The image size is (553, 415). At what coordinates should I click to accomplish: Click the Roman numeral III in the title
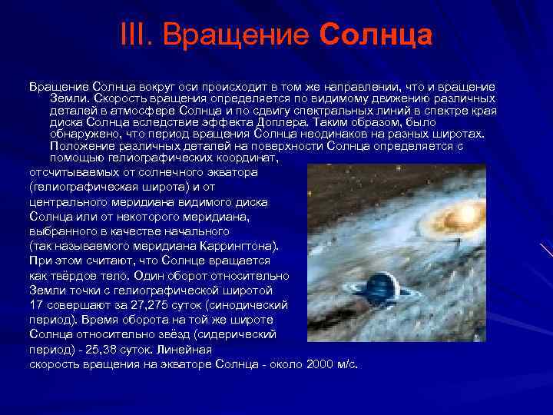tap(136, 35)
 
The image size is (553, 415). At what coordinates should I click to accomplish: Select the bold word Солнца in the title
tap(376, 35)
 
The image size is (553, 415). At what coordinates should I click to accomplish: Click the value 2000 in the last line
tap(321, 363)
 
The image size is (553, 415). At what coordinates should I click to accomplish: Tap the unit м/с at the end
tap(348, 363)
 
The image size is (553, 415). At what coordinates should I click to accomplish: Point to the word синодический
tap(245, 304)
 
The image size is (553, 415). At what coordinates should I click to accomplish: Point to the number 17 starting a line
tap(36, 304)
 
